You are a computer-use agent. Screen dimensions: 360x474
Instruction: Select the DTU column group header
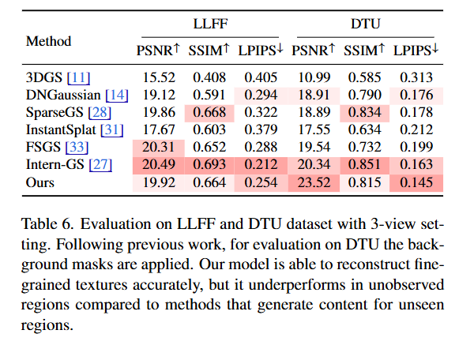(x=367, y=24)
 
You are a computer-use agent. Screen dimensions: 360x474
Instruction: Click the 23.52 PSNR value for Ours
(x=314, y=181)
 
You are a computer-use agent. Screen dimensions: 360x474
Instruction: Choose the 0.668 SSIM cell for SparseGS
(x=210, y=113)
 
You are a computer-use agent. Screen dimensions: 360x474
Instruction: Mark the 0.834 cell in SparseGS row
(x=365, y=113)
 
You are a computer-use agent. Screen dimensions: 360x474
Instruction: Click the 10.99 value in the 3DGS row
(x=314, y=79)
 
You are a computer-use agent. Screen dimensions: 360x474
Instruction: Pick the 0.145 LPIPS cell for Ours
(x=416, y=181)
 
